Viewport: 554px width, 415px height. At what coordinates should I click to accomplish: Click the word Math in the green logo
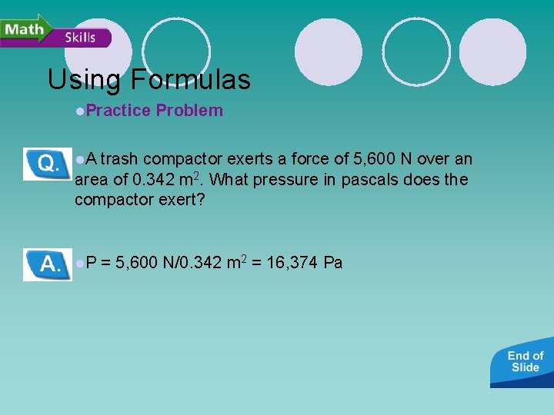[24, 28]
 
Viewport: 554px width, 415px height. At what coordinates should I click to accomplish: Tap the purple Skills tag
[81, 38]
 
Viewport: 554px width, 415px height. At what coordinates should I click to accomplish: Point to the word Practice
[118, 111]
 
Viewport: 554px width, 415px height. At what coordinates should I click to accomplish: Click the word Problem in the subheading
[189, 111]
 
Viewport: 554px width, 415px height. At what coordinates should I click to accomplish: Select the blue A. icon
[47, 264]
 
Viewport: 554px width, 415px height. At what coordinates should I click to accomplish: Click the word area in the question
[92, 180]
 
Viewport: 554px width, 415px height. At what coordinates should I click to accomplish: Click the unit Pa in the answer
[333, 263]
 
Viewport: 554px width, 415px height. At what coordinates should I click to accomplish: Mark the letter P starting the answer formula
[92, 263]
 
